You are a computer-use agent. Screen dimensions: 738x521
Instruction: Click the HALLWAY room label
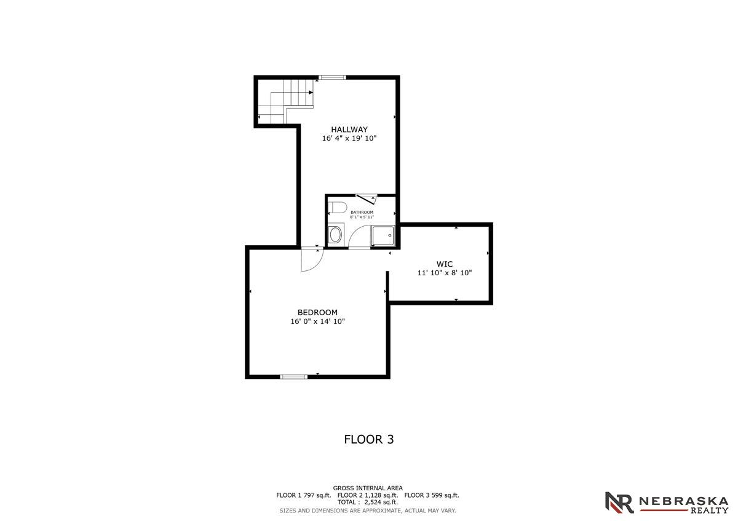pos(349,130)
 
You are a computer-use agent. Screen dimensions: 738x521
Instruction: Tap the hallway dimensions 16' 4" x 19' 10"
pos(349,138)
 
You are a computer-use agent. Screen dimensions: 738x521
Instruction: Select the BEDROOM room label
pos(317,312)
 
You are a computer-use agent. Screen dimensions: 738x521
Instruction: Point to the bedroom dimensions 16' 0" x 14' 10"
pos(317,321)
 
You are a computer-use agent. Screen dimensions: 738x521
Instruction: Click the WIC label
pos(445,264)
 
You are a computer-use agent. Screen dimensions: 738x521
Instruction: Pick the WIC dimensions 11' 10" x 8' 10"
pos(445,273)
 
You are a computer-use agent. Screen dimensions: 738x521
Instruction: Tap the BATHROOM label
pos(362,213)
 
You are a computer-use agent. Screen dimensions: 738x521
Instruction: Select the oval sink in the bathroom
pos(336,235)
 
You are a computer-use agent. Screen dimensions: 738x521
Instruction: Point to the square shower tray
pos(383,235)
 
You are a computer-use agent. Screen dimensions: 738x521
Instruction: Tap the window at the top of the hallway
pos(332,77)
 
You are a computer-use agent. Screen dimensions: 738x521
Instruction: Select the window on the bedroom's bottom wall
pos(293,377)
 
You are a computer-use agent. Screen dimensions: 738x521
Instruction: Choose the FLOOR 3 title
pos(368,440)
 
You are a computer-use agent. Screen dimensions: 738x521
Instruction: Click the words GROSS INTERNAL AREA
pos(368,488)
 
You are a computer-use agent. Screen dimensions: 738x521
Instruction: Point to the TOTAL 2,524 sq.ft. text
pos(368,502)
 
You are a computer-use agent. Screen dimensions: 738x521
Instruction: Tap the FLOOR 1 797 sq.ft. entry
pos(303,495)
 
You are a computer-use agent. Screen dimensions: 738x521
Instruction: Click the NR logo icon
pos(619,503)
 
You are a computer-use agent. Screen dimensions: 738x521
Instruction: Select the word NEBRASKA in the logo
pos(684,501)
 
